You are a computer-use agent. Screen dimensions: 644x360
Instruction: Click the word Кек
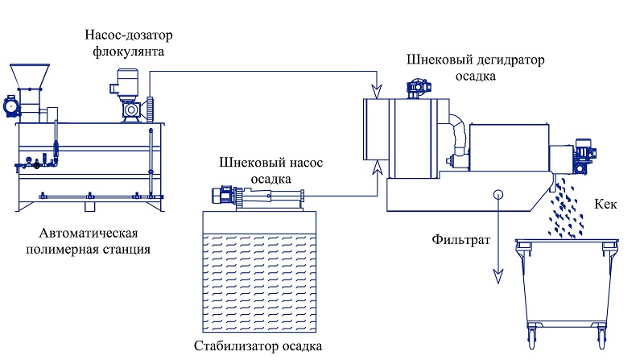click(x=605, y=204)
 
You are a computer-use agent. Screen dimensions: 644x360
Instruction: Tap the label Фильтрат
click(x=460, y=239)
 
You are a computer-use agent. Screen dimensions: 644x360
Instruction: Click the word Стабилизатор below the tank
click(x=231, y=346)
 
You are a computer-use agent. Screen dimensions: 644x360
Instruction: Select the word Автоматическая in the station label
click(x=89, y=233)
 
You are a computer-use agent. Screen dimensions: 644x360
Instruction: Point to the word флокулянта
click(x=128, y=52)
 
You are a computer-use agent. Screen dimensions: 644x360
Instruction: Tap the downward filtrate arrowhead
click(x=498, y=276)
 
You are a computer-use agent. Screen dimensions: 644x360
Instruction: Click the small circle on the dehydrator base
click(x=498, y=194)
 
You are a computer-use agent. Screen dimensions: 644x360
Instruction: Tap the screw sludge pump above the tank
click(x=258, y=197)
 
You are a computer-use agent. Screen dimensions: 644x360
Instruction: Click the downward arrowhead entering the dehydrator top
click(x=377, y=91)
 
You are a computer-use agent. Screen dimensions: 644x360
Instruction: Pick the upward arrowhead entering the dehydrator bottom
click(x=377, y=168)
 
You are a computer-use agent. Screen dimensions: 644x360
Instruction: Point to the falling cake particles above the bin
click(x=565, y=209)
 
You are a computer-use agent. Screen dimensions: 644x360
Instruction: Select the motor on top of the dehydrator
click(x=419, y=88)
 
